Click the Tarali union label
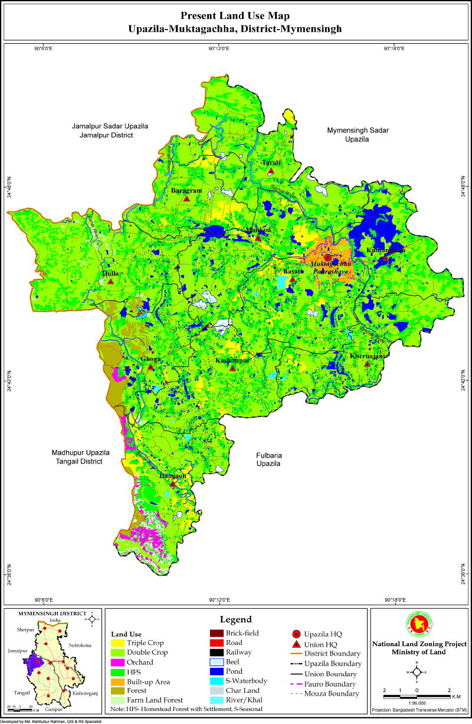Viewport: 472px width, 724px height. point(271,162)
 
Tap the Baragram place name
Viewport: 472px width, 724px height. point(186,191)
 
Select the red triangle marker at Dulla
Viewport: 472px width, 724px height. point(110,282)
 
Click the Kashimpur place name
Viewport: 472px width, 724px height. point(232,360)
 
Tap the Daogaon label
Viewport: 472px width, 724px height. point(173,475)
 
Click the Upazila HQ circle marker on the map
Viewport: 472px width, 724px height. point(327,257)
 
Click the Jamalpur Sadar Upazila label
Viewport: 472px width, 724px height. point(110,126)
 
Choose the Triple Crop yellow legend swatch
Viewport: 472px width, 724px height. point(117,643)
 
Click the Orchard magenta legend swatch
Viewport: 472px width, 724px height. point(117,662)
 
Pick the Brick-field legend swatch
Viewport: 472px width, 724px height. point(217,633)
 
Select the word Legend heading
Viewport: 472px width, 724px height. point(236,619)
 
